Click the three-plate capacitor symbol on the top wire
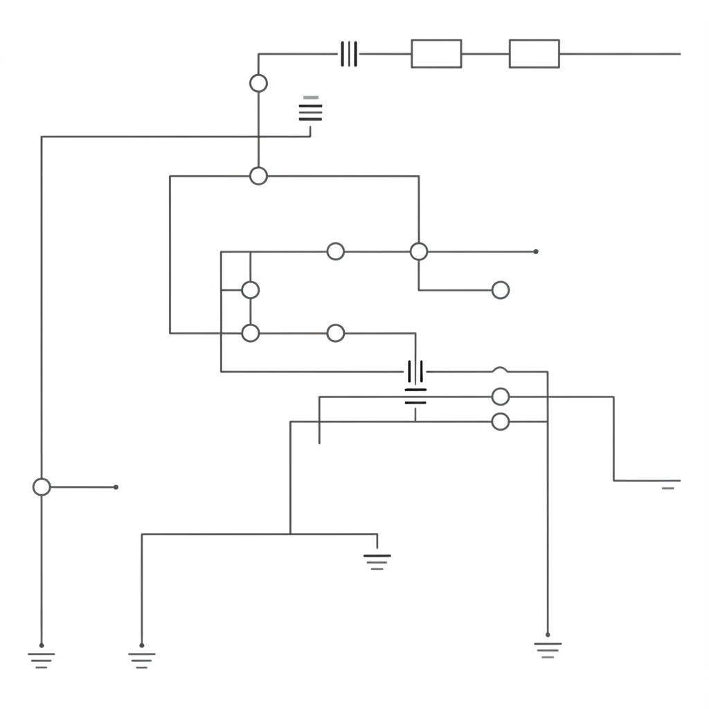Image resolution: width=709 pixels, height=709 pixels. click(349, 54)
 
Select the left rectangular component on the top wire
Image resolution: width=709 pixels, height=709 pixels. click(436, 54)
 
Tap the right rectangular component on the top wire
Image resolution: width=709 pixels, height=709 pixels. click(534, 54)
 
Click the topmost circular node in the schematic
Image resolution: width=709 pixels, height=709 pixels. click(258, 83)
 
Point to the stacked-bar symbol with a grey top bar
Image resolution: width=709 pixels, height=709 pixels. click(310, 109)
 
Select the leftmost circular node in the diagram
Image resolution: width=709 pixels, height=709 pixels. click(42, 487)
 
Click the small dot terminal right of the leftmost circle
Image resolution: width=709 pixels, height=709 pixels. click(116, 487)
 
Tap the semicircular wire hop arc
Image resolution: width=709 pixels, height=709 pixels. click(500, 370)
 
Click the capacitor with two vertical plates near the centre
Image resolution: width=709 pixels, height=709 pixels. click(415, 372)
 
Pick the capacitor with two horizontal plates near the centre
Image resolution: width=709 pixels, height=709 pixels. click(415, 396)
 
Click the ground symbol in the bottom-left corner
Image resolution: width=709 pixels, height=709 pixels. click(42, 658)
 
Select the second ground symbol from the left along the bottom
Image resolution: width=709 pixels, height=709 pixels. click(142, 658)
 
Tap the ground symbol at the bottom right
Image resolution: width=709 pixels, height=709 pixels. click(548, 649)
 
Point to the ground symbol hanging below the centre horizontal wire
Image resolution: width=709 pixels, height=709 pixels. click(377, 561)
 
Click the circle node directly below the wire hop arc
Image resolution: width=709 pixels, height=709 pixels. click(500, 397)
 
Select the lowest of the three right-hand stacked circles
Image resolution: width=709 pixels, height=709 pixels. click(500, 422)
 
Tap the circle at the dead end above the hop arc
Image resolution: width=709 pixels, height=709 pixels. click(500, 290)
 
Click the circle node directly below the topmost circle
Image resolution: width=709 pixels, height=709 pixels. click(258, 176)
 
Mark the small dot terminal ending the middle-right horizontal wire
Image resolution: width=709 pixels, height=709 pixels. click(536, 251)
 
